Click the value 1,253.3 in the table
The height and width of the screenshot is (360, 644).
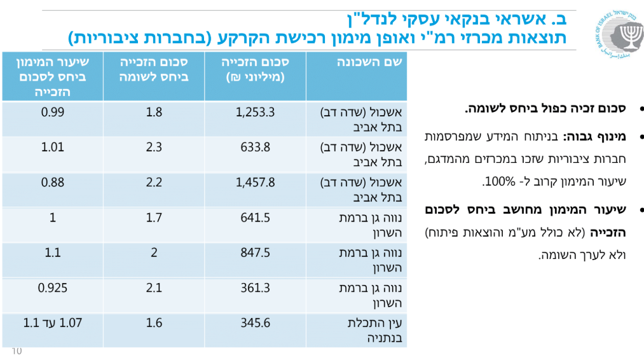coord(255,113)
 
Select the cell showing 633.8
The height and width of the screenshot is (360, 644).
coord(256,148)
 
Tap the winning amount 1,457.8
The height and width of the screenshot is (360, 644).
coord(255,183)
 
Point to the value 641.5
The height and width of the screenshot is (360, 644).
coord(256,218)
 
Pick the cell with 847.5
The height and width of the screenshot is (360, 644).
coord(256,253)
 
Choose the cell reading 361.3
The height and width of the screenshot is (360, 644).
coord(256,287)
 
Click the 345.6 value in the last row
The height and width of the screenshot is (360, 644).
coord(256,322)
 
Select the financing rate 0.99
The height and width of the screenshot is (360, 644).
coord(52,113)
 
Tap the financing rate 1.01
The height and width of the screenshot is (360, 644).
coord(52,148)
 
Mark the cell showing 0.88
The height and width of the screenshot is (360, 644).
coord(52,183)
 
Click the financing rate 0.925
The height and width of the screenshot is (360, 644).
coord(52,287)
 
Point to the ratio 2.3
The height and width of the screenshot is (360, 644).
coord(154,148)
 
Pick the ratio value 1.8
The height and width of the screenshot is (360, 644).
coord(154,113)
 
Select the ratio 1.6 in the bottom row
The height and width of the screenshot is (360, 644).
coord(154,322)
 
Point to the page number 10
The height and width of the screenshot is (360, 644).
coord(17,351)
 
